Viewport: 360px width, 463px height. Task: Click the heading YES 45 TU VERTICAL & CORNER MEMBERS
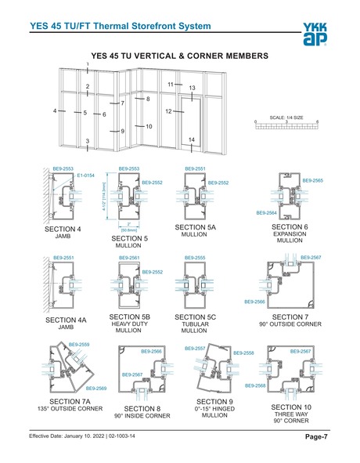[x=180, y=56]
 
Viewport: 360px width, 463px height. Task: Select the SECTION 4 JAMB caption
[x=63, y=233]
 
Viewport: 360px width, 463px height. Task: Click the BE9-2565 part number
[x=312, y=181]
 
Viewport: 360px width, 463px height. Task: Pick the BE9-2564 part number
[x=268, y=212]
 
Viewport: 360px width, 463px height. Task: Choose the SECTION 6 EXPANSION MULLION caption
[x=289, y=233]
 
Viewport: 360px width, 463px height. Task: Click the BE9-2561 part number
[x=129, y=257]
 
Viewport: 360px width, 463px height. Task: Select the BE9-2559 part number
[x=79, y=345]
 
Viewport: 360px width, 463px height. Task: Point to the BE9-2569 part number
[x=95, y=389]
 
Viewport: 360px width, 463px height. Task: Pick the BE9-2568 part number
[x=255, y=385]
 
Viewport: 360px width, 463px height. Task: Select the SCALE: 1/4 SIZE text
[x=286, y=117]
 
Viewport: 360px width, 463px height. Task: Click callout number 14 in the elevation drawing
[x=192, y=139]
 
